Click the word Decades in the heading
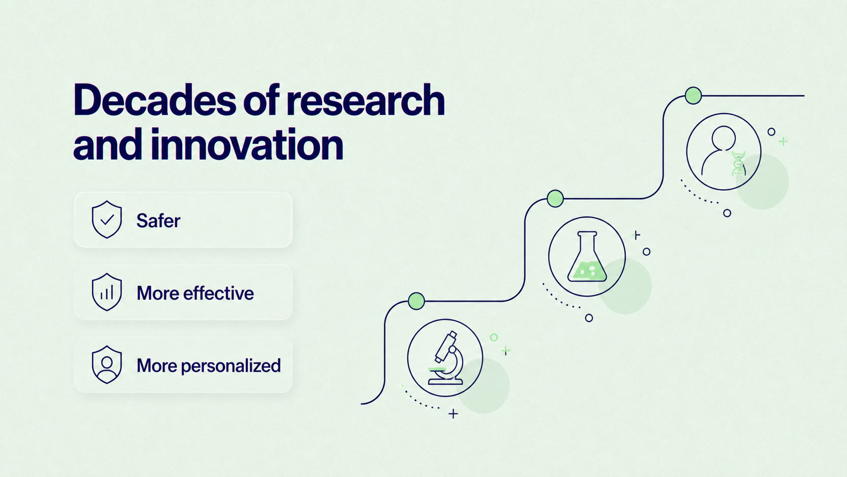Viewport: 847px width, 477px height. click(x=155, y=100)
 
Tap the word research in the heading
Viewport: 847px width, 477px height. click(x=366, y=100)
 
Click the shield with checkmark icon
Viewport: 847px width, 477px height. click(x=107, y=219)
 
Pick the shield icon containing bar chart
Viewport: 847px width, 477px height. click(x=107, y=292)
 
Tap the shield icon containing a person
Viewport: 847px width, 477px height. click(x=107, y=364)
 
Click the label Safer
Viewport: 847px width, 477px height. click(x=158, y=221)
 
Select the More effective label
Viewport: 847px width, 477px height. click(x=195, y=293)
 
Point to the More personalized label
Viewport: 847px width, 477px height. click(x=209, y=366)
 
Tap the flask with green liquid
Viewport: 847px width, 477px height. click(x=587, y=257)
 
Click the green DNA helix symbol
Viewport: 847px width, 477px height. click(x=739, y=164)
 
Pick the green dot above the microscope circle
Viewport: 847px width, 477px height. click(x=416, y=301)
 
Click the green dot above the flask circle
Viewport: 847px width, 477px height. click(x=555, y=199)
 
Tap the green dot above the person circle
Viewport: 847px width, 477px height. click(x=693, y=95)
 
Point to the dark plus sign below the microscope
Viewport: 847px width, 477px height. click(x=453, y=414)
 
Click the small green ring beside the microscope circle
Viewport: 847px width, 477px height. click(x=494, y=338)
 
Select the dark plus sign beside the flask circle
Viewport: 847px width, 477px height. click(x=637, y=235)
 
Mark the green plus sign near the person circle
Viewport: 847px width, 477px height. click(x=783, y=141)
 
